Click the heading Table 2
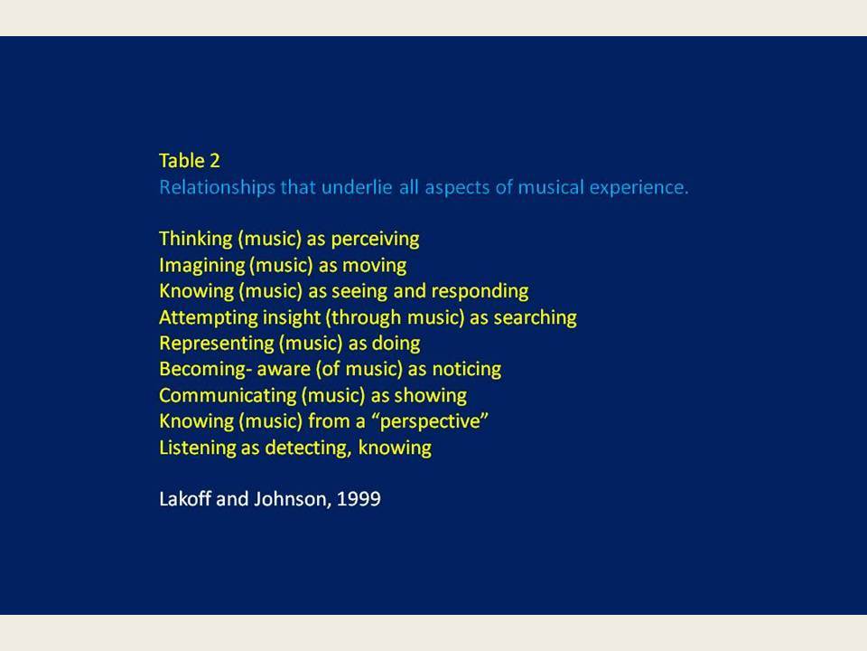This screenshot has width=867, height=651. click(x=190, y=161)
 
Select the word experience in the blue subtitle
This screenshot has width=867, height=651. click(x=639, y=188)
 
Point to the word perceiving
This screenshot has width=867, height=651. click(x=375, y=239)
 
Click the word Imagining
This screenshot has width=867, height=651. click(x=201, y=266)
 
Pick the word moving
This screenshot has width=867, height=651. click(x=374, y=266)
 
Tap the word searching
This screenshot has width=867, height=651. click(x=535, y=317)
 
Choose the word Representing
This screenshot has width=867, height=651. click(x=216, y=344)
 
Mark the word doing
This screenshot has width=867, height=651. click(x=396, y=344)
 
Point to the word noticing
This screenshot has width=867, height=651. click(x=467, y=369)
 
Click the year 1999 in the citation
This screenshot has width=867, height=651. click(x=359, y=499)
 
